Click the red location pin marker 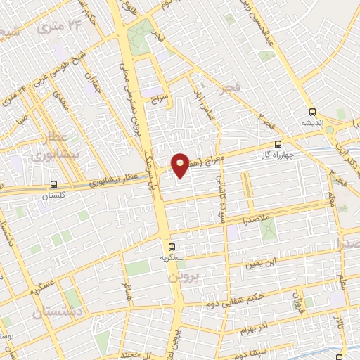[181, 165]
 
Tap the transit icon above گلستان [54, 184]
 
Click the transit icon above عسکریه [172, 246]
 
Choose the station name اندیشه [313, 124]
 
